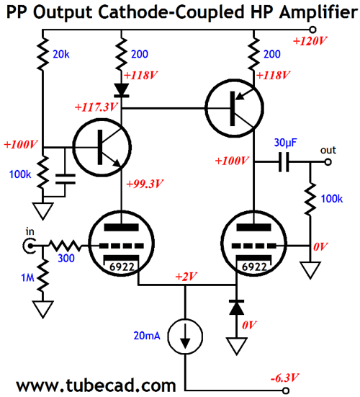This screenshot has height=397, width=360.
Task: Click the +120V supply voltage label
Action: point(310,41)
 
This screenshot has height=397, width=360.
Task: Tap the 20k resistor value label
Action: point(61,54)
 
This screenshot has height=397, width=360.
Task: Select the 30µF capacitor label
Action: point(285,143)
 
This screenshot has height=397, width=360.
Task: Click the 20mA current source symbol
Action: point(186,336)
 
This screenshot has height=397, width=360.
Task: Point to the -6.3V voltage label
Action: point(284,378)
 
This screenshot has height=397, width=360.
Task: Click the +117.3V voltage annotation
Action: point(96,107)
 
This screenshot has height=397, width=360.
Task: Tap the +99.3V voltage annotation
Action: point(145,184)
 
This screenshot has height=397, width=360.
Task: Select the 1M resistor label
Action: point(27,277)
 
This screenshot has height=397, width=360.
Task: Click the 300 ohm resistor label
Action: point(66,258)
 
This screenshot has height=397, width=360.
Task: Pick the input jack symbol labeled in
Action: point(30,246)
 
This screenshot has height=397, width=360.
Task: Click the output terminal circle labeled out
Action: point(328,162)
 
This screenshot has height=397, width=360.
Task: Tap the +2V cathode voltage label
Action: point(186,276)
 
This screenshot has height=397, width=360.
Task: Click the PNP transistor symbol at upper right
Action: point(235,108)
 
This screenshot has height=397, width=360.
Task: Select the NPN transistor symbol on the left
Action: point(102,148)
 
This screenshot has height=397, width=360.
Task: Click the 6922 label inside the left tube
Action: point(122,267)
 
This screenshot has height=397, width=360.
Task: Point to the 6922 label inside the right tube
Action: point(254,267)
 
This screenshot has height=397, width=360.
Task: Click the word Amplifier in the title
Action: point(318,12)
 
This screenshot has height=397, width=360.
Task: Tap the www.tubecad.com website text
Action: point(96,385)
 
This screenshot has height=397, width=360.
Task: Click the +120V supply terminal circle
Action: point(313,30)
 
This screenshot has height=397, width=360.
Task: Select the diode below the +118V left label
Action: point(122,90)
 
